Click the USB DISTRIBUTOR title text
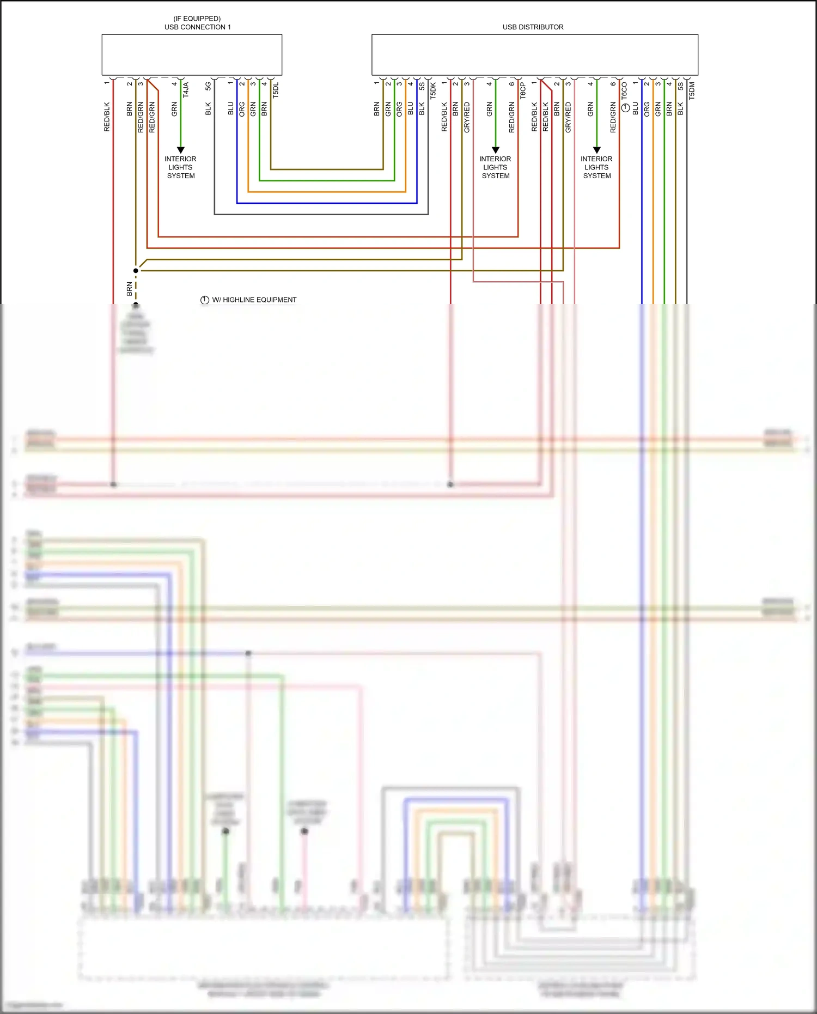533,27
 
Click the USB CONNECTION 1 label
197,27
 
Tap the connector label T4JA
185,90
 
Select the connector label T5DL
276,90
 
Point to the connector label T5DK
433,90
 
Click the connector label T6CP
523,90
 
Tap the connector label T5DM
692,90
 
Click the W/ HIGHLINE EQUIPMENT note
254,300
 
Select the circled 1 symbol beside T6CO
625,108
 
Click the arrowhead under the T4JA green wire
181,150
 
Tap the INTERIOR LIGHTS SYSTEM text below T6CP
495,167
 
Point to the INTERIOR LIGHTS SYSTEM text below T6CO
596,167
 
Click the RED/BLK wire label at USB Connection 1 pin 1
107,117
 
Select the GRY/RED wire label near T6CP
467,117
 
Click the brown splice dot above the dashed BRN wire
136,270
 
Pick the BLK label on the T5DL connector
208,109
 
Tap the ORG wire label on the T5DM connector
647,109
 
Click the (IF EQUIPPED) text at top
197,19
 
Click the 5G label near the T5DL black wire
208,86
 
